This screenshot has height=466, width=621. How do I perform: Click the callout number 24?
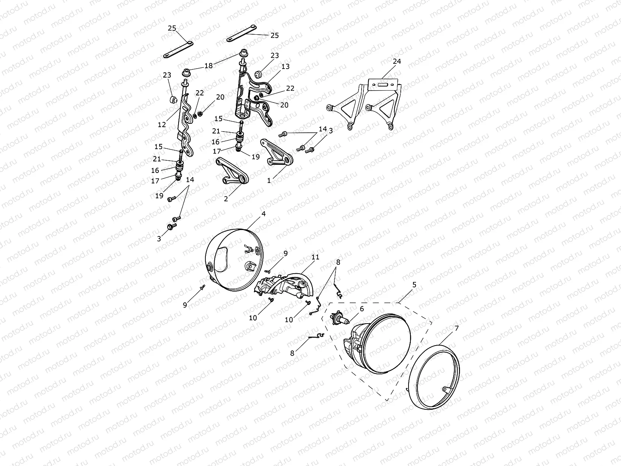tap(397, 61)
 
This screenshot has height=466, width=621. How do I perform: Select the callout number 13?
tap(286, 66)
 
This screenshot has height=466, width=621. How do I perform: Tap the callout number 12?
tap(162, 125)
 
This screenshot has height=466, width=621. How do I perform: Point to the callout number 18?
tap(208, 66)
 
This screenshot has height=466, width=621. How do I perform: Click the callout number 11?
tap(315, 257)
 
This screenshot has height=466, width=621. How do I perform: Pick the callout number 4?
tap(264, 214)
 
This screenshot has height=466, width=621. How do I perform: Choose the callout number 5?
tap(414, 285)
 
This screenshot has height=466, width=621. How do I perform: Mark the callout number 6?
tap(362, 309)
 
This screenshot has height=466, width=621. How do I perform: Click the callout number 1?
tap(269, 180)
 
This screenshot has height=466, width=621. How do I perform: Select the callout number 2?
tap(226, 199)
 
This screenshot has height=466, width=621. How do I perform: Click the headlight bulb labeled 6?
tap(340, 318)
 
